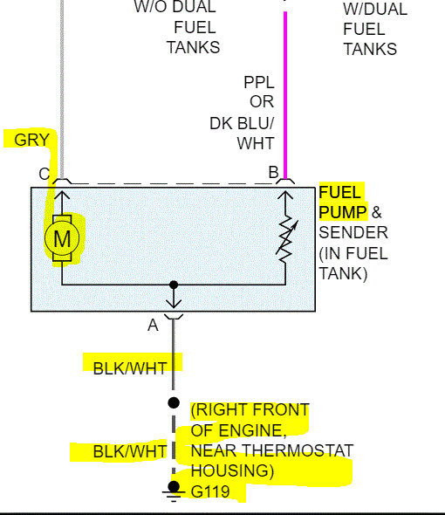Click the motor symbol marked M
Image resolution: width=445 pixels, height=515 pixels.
click(62, 237)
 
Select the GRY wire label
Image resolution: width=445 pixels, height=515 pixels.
click(32, 140)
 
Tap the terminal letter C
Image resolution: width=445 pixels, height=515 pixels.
click(44, 174)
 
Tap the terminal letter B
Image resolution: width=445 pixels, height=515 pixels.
click(273, 174)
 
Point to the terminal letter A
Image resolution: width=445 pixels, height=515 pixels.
click(154, 325)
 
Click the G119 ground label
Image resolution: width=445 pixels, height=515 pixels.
click(210, 492)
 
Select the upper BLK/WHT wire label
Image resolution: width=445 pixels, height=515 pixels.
click(130, 367)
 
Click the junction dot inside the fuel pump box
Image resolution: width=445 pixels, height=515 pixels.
click(174, 285)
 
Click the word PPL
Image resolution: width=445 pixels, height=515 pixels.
click(259, 82)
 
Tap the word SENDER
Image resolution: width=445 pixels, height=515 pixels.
click(353, 233)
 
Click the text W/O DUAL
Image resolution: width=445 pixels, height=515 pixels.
click(175, 7)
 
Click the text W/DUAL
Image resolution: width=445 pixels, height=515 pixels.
click(375, 9)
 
